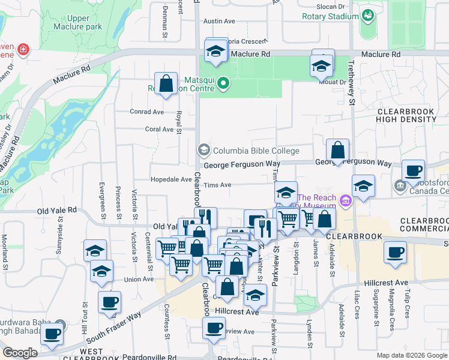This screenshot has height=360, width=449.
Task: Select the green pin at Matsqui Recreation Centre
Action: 223,83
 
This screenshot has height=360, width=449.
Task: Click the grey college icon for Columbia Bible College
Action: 203,149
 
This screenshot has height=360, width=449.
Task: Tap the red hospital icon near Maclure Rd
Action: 23,49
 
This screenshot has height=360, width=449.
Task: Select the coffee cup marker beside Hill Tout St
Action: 109,302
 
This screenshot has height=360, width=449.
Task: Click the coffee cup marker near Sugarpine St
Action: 394,253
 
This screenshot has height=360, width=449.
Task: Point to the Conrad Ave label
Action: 147,112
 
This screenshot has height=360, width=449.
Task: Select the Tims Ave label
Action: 217,185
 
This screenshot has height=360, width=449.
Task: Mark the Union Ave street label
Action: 139,280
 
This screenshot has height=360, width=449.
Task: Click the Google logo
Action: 20,353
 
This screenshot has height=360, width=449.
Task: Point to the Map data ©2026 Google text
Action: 411,355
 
